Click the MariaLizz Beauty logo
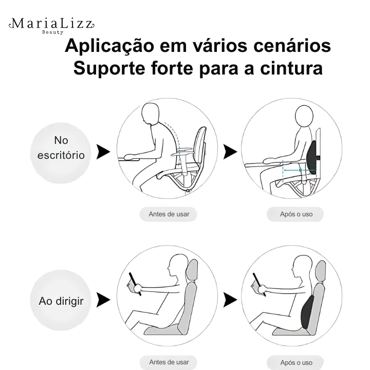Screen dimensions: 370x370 (x=52, y=26)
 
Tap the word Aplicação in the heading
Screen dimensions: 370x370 (x=109, y=46)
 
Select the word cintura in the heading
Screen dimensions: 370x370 (x=291, y=68)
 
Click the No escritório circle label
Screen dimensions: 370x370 (x=61, y=153)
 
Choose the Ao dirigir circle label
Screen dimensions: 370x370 (x=61, y=300)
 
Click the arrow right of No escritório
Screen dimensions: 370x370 (x=103, y=152)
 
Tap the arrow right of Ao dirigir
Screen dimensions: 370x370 (x=103, y=300)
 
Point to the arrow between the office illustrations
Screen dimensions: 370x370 (x=230, y=152)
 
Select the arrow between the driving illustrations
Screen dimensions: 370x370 (x=230, y=300)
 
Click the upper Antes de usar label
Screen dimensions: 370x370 (x=169, y=214)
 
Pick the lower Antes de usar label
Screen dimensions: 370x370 (x=169, y=362)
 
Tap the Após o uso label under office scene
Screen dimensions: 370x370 (x=295, y=214)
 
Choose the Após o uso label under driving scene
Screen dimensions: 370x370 (x=295, y=362)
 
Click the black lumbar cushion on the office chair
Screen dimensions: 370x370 (x=312, y=158)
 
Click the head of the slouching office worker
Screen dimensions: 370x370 (x=150, y=113)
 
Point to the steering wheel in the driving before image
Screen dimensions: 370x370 (x=135, y=284)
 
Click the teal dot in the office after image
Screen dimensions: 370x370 (x=300, y=170)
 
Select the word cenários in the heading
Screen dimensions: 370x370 (x=292, y=46)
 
